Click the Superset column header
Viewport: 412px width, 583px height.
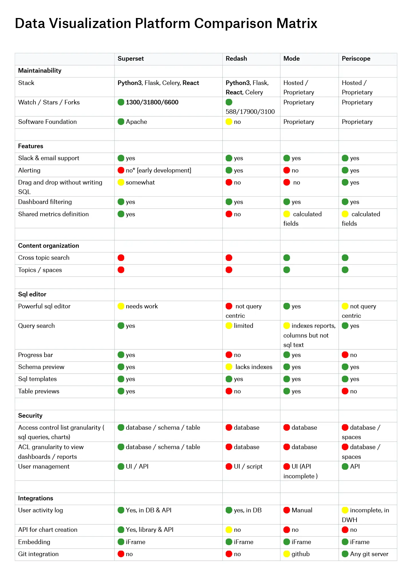click(x=130, y=59)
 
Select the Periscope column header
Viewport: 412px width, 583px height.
click(x=356, y=59)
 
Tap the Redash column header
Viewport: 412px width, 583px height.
click(x=236, y=59)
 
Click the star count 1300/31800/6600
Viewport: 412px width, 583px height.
click(x=152, y=102)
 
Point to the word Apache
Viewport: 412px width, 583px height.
click(x=136, y=122)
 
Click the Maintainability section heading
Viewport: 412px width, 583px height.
click(x=40, y=71)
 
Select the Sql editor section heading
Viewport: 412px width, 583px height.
click(x=32, y=294)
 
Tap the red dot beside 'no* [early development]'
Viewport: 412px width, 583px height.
click(x=121, y=170)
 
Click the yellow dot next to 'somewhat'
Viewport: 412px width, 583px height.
click(x=121, y=183)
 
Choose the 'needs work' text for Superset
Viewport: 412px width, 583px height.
click(x=142, y=306)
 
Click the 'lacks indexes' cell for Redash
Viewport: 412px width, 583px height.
click(x=254, y=367)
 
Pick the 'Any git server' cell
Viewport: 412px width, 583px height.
click(x=369, y=554)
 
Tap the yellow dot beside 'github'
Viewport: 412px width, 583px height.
click(x=287, y=554)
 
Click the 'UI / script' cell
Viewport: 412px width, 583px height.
click(x=248, y=467)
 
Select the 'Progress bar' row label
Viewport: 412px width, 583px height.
click(x=35, y=355)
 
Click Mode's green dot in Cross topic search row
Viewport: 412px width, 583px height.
click(x=287, y=258)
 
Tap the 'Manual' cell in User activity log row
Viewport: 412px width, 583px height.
click(x=302, y=510)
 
